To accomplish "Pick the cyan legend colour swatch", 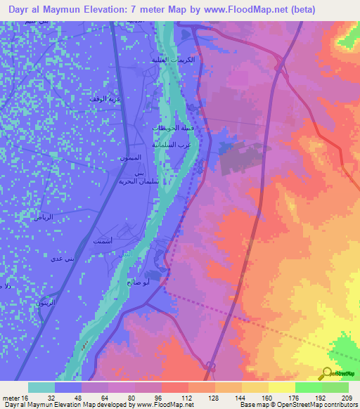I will coord(41,387).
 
